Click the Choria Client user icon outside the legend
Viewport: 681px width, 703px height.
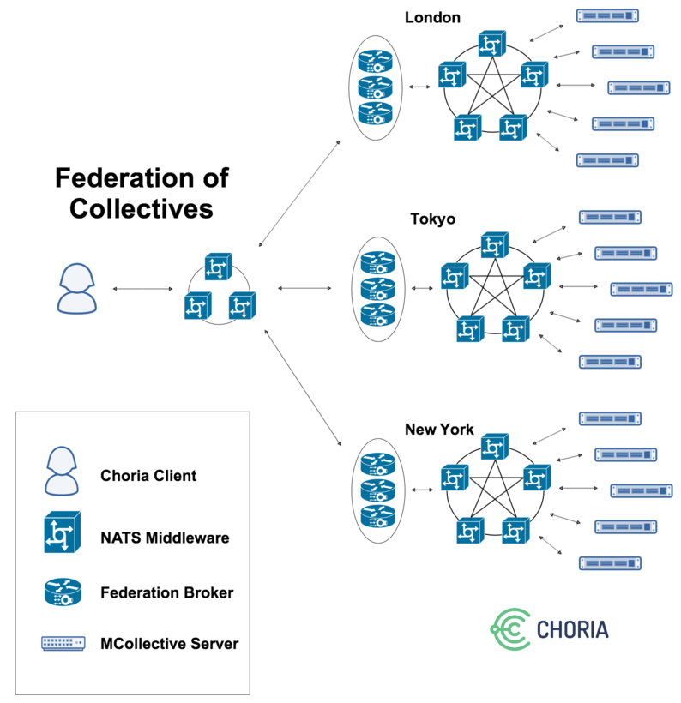point(77,288)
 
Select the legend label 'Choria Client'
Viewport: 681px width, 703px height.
point(148,475)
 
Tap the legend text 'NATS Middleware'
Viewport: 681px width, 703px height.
point(165,538)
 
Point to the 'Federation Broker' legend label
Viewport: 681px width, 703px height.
point(166,592)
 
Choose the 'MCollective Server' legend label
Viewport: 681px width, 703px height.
point(169,643)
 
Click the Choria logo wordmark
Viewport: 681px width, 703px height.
point(572,629)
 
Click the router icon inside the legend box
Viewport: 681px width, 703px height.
point(62,592)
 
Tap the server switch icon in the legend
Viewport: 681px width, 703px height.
point(62,643)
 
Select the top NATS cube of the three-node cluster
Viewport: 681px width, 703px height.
point(218,267)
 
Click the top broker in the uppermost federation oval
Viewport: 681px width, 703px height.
point(375,61)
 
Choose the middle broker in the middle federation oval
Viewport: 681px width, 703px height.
point(376,287)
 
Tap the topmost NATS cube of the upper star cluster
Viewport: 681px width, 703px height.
point(492,45)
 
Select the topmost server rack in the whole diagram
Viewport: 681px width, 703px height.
point(608,15)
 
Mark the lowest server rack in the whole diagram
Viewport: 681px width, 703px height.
point(610,562)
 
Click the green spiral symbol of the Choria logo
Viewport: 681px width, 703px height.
point(510,630)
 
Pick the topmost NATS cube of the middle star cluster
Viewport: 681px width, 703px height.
point(495,245)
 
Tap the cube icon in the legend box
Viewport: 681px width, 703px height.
point(62,532)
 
